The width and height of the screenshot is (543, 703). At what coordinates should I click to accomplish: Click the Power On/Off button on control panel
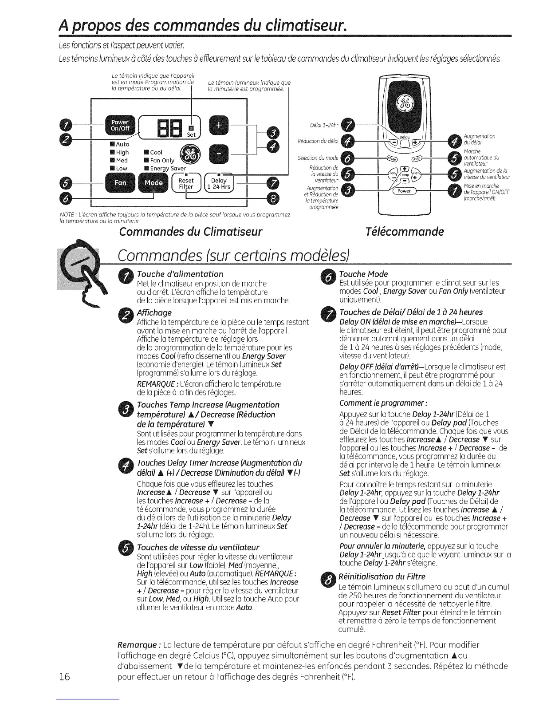(x=119, y=125)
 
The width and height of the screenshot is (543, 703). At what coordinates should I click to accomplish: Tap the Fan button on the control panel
(x=121, y=183)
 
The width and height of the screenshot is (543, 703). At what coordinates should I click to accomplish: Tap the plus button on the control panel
(x=219, y=126)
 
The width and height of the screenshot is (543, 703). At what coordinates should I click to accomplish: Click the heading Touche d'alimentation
(x=180, y=274)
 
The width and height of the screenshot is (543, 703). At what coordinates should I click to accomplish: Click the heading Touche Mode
(x=363, y=274)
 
